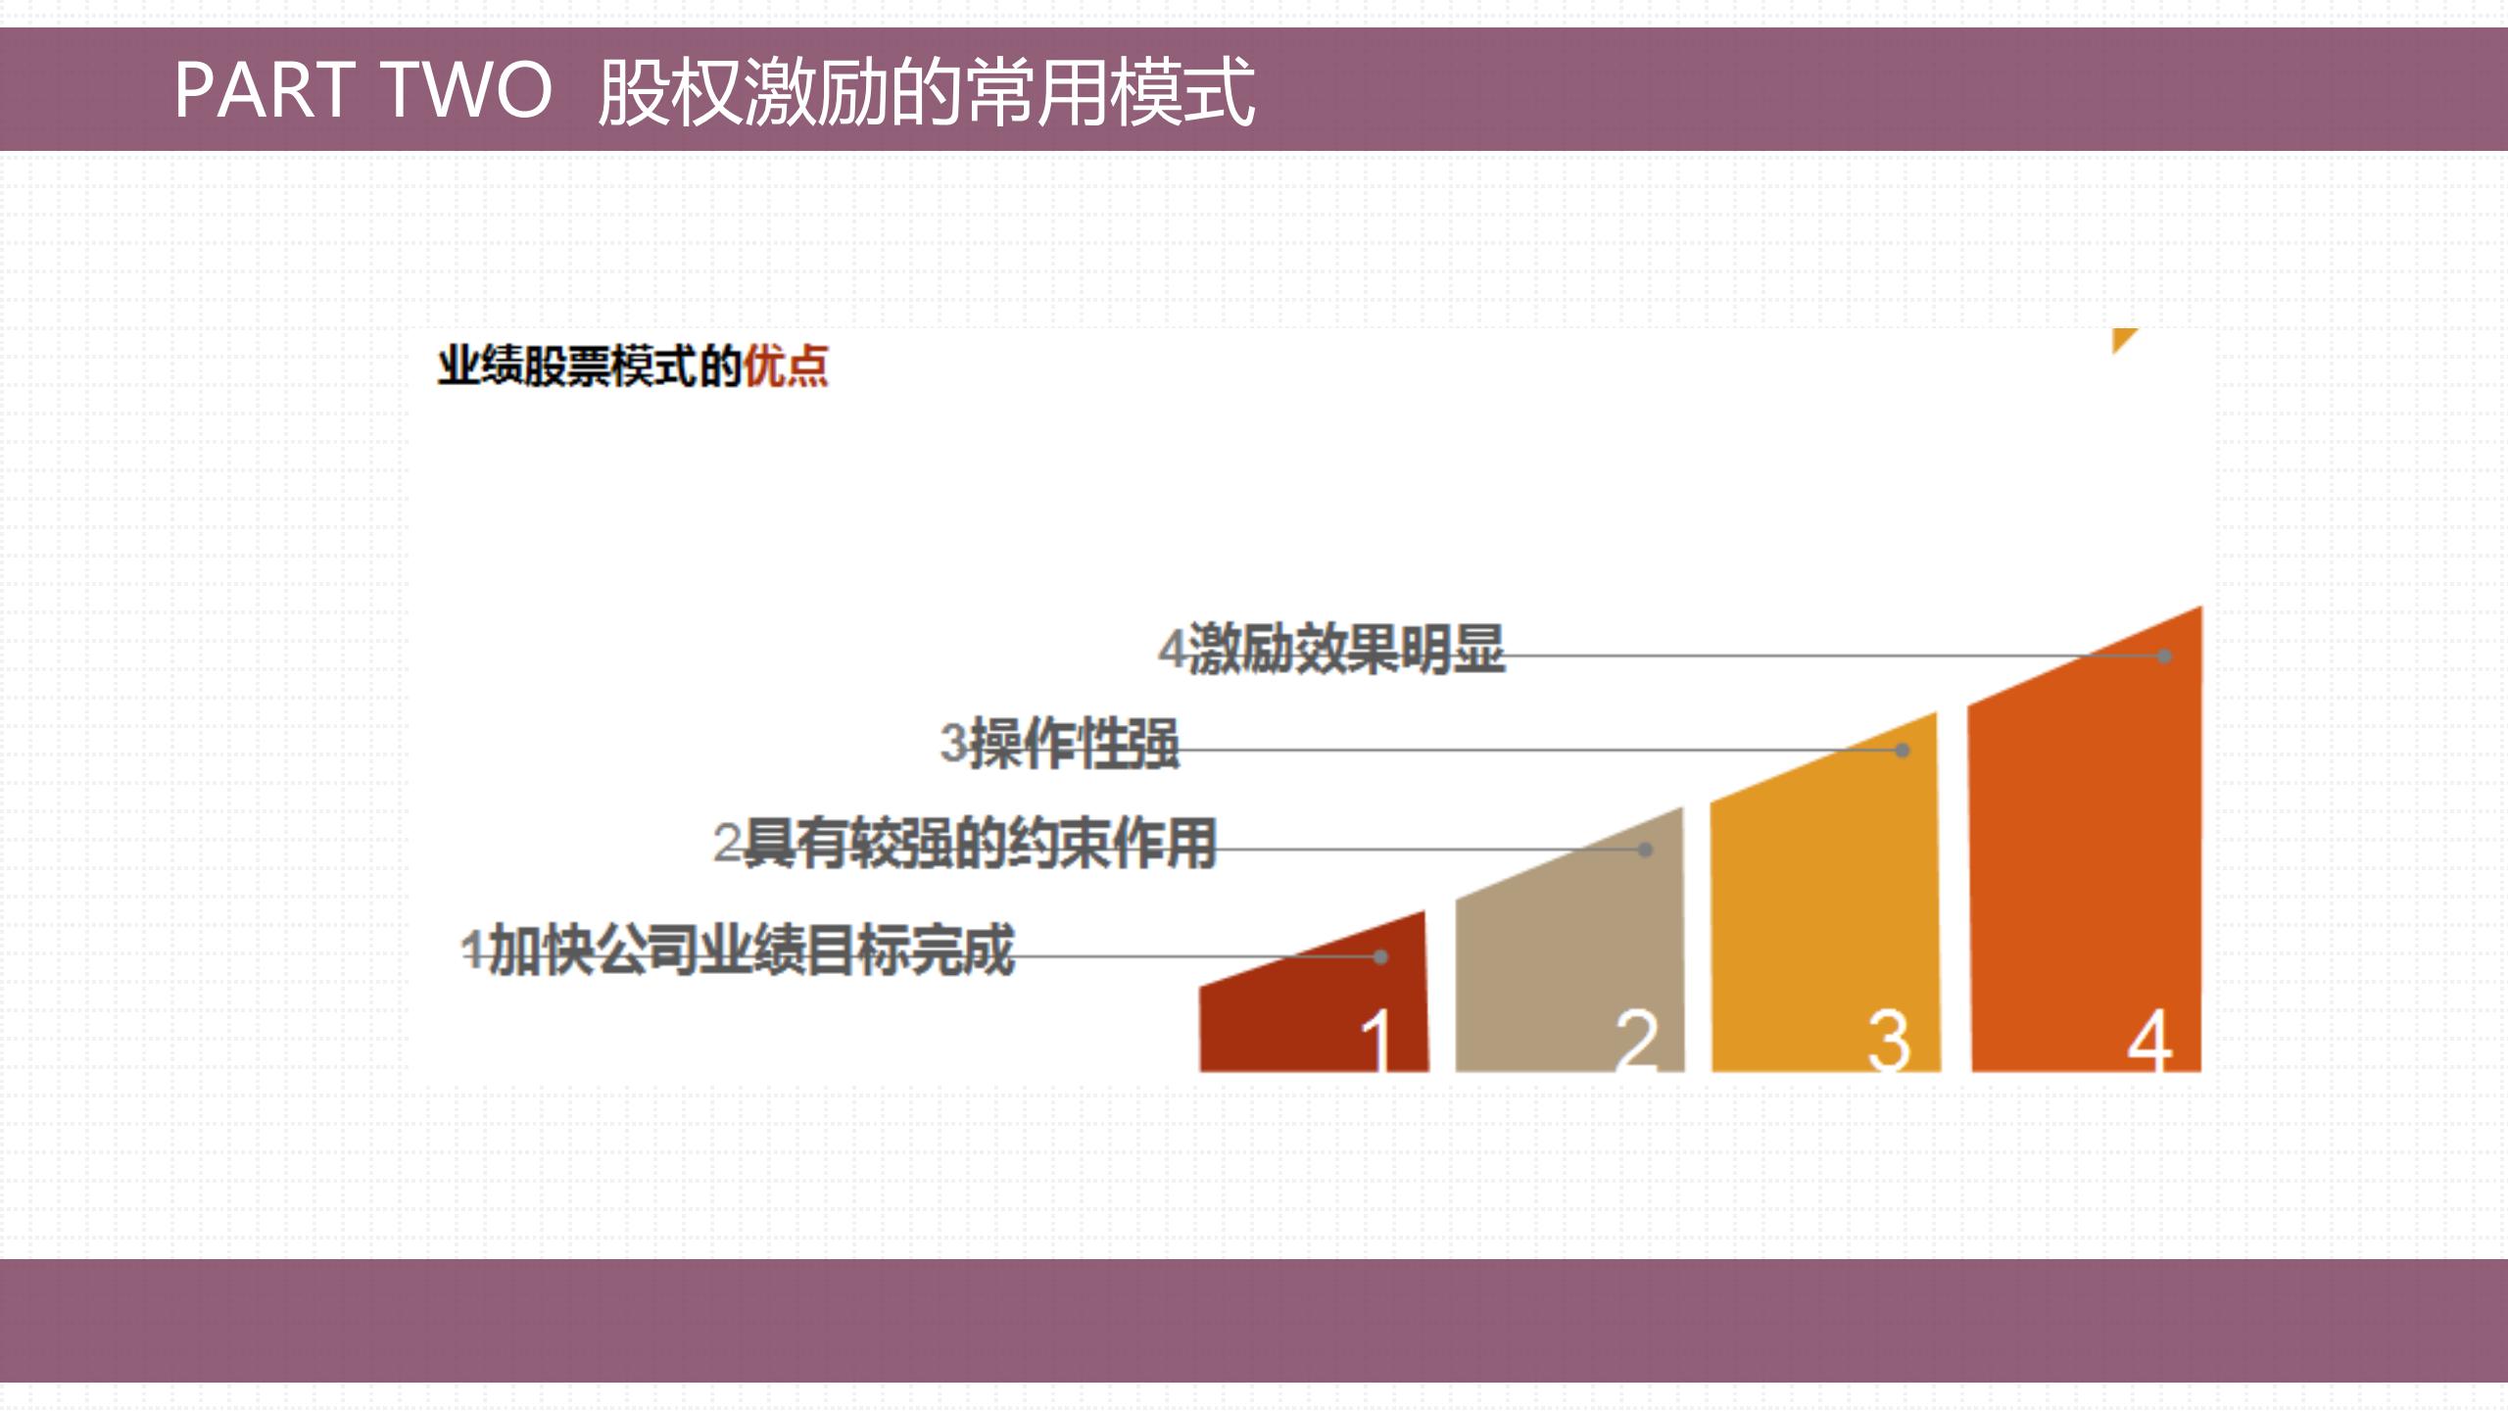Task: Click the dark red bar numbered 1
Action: [1293, 1019]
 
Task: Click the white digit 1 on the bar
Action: [1377, 1041]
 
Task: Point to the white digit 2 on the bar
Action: [1636, 1041]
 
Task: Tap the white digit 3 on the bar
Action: [1889, 1041]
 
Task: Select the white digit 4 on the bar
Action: [2149, 1041]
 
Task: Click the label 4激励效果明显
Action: [1330, 649]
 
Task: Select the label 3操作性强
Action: [1059, 744]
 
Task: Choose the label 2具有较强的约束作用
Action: [965, 844]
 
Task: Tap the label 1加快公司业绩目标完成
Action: [738, 950]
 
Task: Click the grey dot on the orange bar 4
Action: [2165, 656]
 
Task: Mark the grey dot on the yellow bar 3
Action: [1903, 751]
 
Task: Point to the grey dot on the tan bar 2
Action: [1646, 850]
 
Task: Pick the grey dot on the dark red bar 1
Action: [1380, 956]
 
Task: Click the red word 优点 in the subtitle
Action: [785, 367]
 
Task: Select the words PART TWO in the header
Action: [362, 90]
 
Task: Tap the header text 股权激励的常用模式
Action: [926, 92]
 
